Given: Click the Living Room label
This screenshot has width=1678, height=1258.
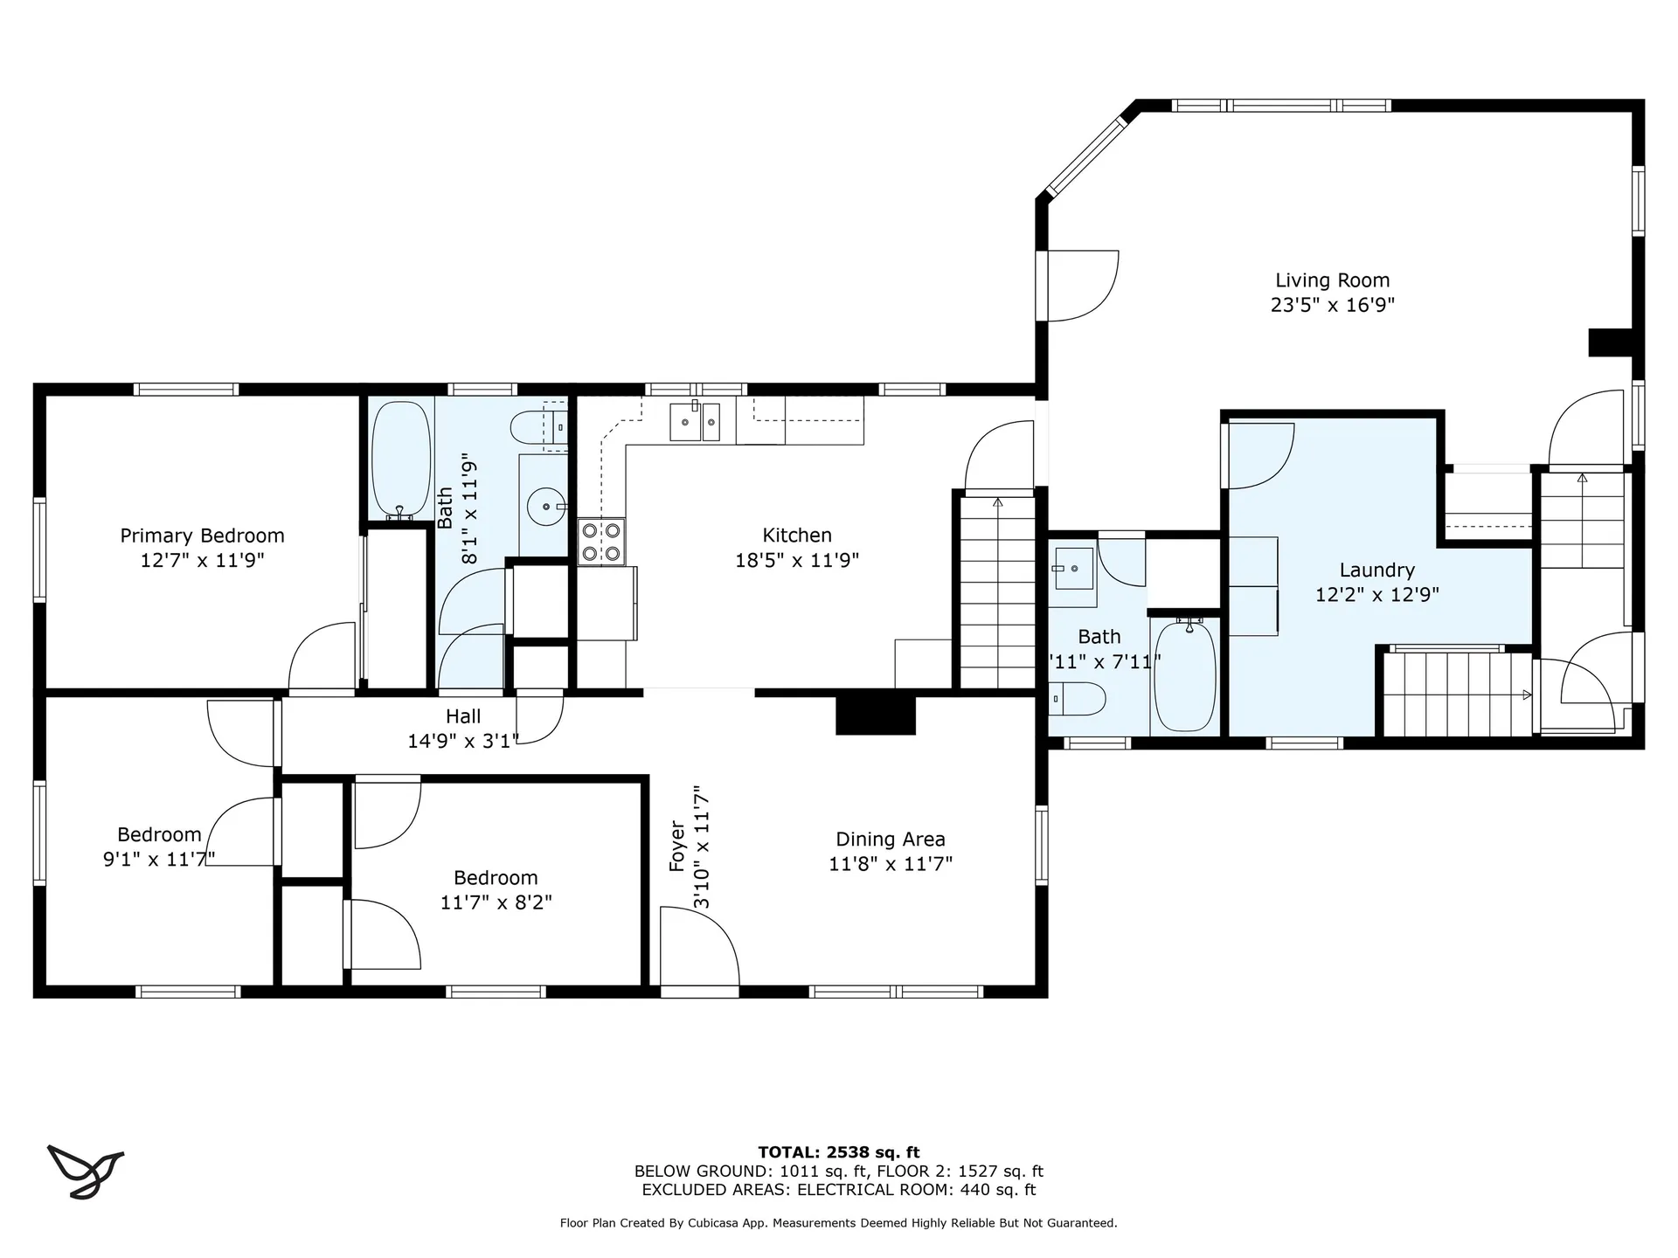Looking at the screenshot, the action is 1332,280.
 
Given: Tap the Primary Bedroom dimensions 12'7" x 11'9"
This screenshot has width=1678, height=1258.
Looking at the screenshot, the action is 202,560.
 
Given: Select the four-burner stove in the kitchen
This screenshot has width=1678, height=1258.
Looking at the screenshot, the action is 601,542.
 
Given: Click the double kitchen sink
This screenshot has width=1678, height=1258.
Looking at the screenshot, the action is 696,421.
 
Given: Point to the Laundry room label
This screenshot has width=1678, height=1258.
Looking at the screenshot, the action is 1376,570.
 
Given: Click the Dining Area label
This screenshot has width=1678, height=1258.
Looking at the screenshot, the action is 891,840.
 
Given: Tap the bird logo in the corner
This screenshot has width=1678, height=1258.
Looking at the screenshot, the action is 85,1171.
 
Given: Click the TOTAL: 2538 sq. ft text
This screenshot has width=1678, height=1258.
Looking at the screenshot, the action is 838,1152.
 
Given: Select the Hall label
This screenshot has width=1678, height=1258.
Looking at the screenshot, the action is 463,716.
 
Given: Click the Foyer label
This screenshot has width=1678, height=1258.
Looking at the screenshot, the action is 677,846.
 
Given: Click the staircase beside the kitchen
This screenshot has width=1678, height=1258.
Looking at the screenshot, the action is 998,592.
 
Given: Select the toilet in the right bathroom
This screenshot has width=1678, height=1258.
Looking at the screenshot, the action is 1078,699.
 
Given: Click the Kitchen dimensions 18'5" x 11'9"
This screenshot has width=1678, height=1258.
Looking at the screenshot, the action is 797,560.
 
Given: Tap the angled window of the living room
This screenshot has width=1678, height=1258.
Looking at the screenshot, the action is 1086,156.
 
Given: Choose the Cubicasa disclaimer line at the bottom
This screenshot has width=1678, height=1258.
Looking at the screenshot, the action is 838,1223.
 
